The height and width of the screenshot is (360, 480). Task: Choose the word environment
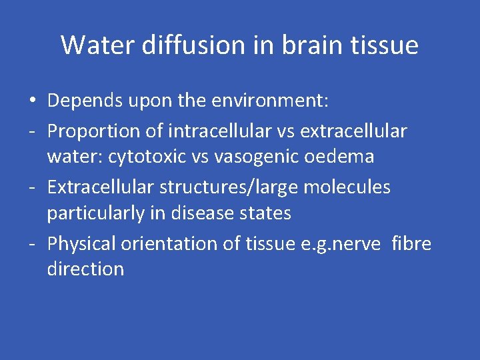273,101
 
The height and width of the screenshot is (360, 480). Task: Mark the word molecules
347,187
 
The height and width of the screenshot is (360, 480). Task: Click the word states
267,213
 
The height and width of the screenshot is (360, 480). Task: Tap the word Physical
82,244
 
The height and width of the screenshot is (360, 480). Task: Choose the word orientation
170,244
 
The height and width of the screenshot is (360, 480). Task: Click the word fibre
412,244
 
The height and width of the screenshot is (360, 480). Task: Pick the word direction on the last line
85,269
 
